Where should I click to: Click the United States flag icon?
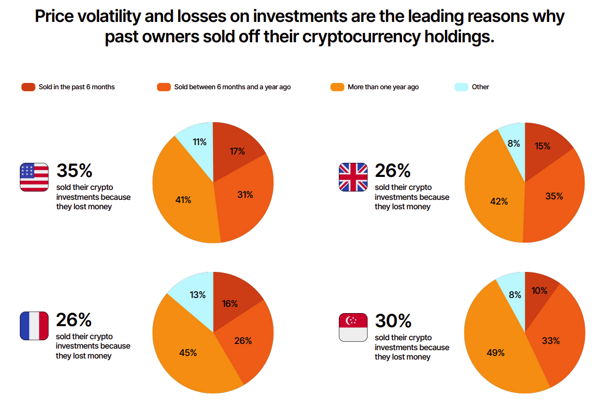34,177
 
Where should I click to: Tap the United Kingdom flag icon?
353,177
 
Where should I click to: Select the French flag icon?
34,326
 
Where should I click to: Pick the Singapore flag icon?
353,327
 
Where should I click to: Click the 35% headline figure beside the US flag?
74,171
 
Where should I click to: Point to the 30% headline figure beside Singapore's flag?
393,320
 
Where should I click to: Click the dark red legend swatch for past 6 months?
28,87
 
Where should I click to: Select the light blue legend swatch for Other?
461,87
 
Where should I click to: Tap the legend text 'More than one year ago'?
383,87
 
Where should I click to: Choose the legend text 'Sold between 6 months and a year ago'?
232,87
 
